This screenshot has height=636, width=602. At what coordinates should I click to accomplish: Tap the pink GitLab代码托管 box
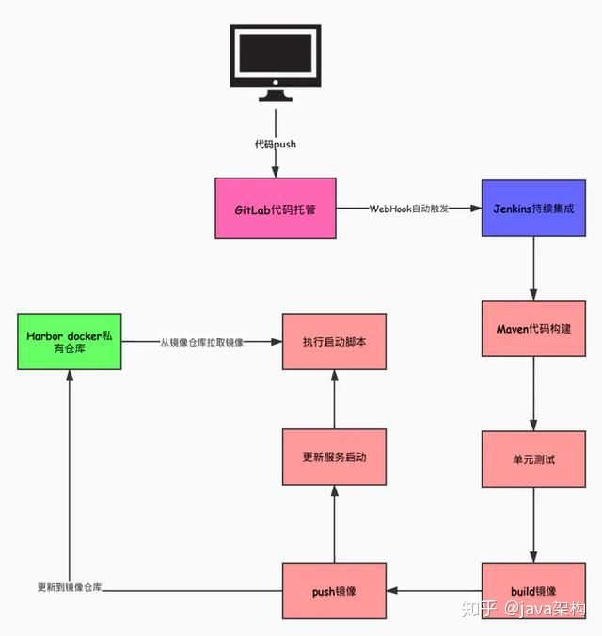click(x=276, y=209)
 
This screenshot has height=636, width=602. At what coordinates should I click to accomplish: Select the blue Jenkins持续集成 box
click(x=534, y=208)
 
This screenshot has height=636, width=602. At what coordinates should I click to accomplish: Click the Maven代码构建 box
click(x=534, y=329)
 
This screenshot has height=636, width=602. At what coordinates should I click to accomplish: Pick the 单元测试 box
click(x=534, y=458)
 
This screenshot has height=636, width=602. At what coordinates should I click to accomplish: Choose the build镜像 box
click(x=534, y=590)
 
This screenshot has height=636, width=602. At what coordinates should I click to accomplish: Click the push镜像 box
click(x=334, y=590)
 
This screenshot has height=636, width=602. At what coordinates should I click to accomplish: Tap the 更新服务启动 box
click(x=334, y=458)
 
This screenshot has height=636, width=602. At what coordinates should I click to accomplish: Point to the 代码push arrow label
click(x=276, y=144)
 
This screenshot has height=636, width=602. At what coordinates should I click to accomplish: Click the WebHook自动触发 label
click(x=408, y=209)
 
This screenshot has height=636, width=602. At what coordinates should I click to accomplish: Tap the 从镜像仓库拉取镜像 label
click(x=201, y=343)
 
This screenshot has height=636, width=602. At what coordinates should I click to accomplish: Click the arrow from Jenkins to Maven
click(x=534, y=268)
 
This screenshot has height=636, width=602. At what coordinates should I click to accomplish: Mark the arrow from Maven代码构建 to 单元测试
click(x=534, y=395)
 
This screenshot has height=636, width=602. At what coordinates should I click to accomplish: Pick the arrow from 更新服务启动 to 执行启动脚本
click(x=334, y=399)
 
